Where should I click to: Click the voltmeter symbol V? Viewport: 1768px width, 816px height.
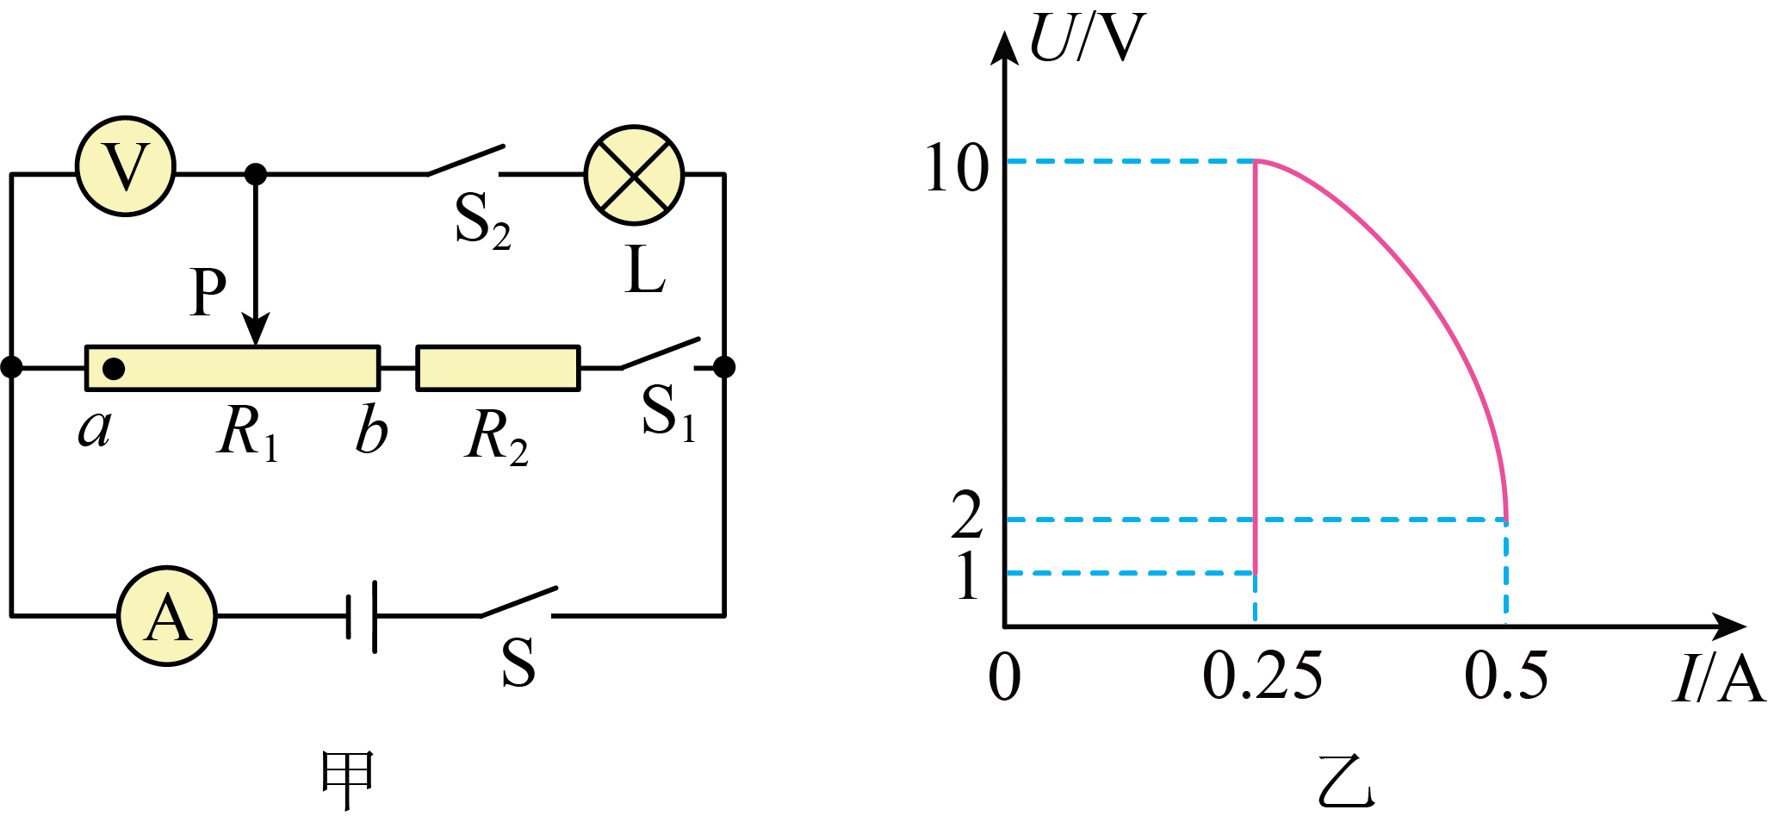coord(126,165)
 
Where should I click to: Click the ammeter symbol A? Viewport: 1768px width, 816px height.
coord(167,616)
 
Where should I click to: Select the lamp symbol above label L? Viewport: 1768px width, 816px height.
coord(635,176)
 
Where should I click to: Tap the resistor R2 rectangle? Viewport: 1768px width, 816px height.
coord(498,369)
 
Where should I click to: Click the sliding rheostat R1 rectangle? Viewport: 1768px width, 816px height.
coord(233,369)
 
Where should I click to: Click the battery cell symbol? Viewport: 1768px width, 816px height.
coord(362,616)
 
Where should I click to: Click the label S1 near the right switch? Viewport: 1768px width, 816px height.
coord(669,411)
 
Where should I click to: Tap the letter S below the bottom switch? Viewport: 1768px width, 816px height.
coord(518,663)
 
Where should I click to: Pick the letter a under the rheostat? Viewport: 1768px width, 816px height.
coord(95,428)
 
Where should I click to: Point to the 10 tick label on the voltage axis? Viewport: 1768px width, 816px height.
coord(956,167)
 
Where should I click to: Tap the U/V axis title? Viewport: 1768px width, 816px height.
coord(1087,38)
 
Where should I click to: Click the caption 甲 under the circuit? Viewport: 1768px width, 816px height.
coord(346,780)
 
